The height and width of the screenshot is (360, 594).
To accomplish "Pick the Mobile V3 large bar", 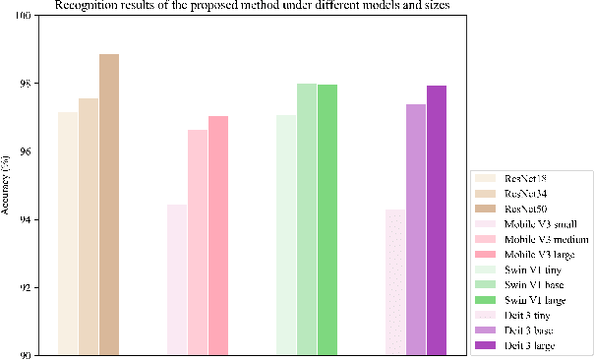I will (218, 235).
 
